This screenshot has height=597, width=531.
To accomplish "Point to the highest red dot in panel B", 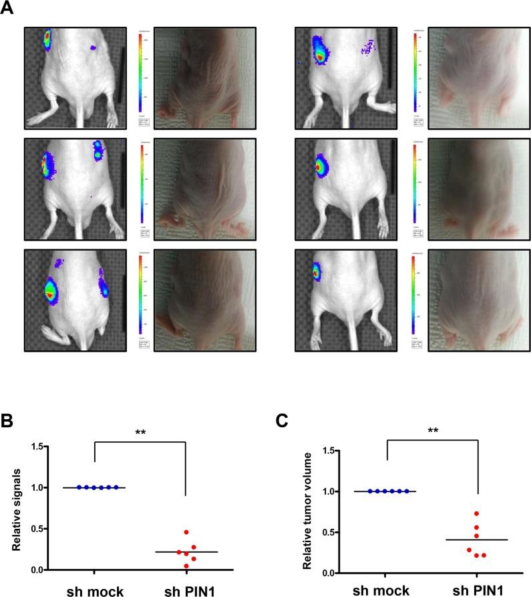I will point(186,532).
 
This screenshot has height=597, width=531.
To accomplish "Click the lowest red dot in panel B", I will point(187,566).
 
